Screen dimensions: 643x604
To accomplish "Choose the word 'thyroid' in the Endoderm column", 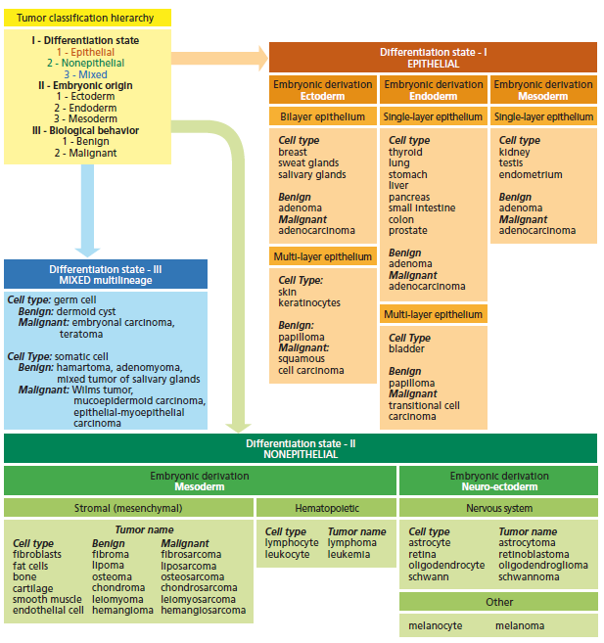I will (405, 152).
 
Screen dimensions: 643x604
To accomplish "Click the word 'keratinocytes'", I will (310, 304).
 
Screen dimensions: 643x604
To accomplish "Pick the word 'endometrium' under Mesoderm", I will (531, 175).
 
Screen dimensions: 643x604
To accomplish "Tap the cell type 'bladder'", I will (406, 348).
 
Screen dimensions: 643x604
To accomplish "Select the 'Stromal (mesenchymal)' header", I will (128, 509).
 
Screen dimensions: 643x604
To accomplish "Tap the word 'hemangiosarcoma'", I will (204, 610).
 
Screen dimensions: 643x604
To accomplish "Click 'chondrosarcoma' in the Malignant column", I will (200, 587).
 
